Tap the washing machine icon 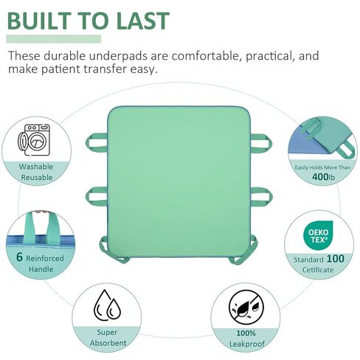point(34,139)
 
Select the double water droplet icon point(107,305)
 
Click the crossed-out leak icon point(246,308)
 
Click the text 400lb point(323,176)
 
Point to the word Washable point(36,167)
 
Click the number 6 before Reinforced point(19,257)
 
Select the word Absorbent point(108,343)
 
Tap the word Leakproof point(246,344)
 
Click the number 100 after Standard point(336,259)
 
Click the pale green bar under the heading point(54,39)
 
